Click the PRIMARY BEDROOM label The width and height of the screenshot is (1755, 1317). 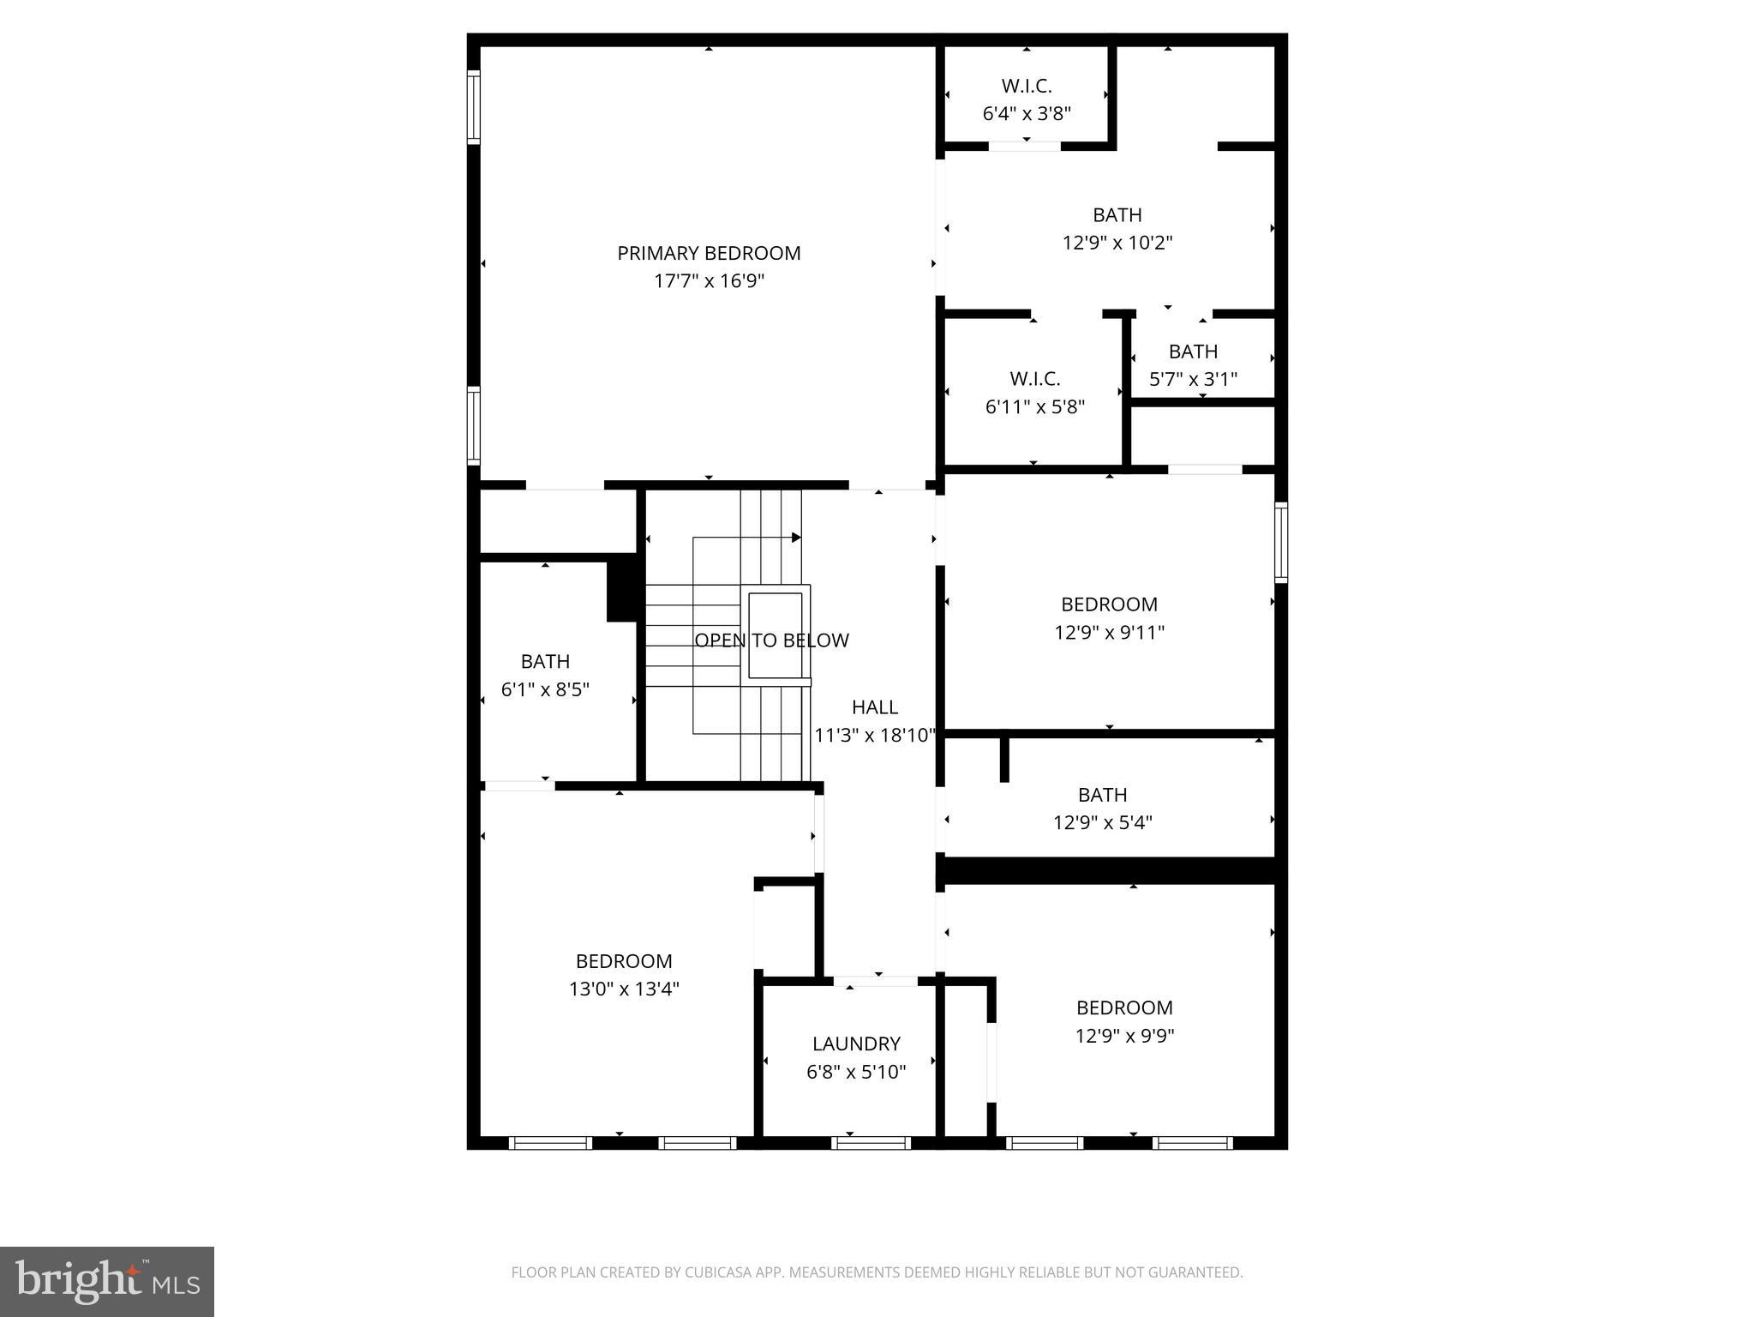709,254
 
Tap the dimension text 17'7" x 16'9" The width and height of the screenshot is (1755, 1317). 709,281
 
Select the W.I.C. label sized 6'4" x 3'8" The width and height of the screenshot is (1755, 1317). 1026,87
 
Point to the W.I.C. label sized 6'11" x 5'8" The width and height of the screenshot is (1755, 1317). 1034,379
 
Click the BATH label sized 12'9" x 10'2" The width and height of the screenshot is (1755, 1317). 1117,215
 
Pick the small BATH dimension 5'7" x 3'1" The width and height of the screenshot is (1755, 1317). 1193,379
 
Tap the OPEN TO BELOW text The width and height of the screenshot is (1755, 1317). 771,640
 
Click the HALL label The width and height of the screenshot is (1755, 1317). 875,707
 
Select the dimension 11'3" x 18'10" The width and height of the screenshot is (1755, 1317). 875,736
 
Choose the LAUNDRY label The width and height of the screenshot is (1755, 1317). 856,1044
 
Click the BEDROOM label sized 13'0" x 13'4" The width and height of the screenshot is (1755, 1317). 624,961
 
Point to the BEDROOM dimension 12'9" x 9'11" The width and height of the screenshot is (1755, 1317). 1109,633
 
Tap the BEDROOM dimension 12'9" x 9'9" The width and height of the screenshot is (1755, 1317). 1124,1036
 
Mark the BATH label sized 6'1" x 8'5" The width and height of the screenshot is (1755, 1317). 545,662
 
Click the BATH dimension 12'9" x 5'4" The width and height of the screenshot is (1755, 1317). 1102,823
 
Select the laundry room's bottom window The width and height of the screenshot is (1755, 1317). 871,1142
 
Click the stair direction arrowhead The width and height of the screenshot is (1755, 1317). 796,538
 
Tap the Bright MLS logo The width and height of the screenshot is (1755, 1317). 107,1281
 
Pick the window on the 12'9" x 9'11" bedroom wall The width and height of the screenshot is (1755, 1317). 1281,542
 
